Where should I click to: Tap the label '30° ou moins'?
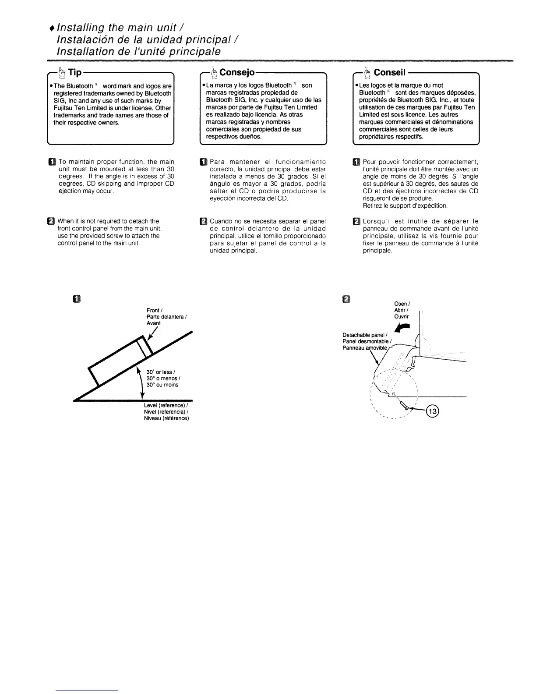(162, 385)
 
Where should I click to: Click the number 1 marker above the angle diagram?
(77, 299)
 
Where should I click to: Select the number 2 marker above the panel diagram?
(346, 299)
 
